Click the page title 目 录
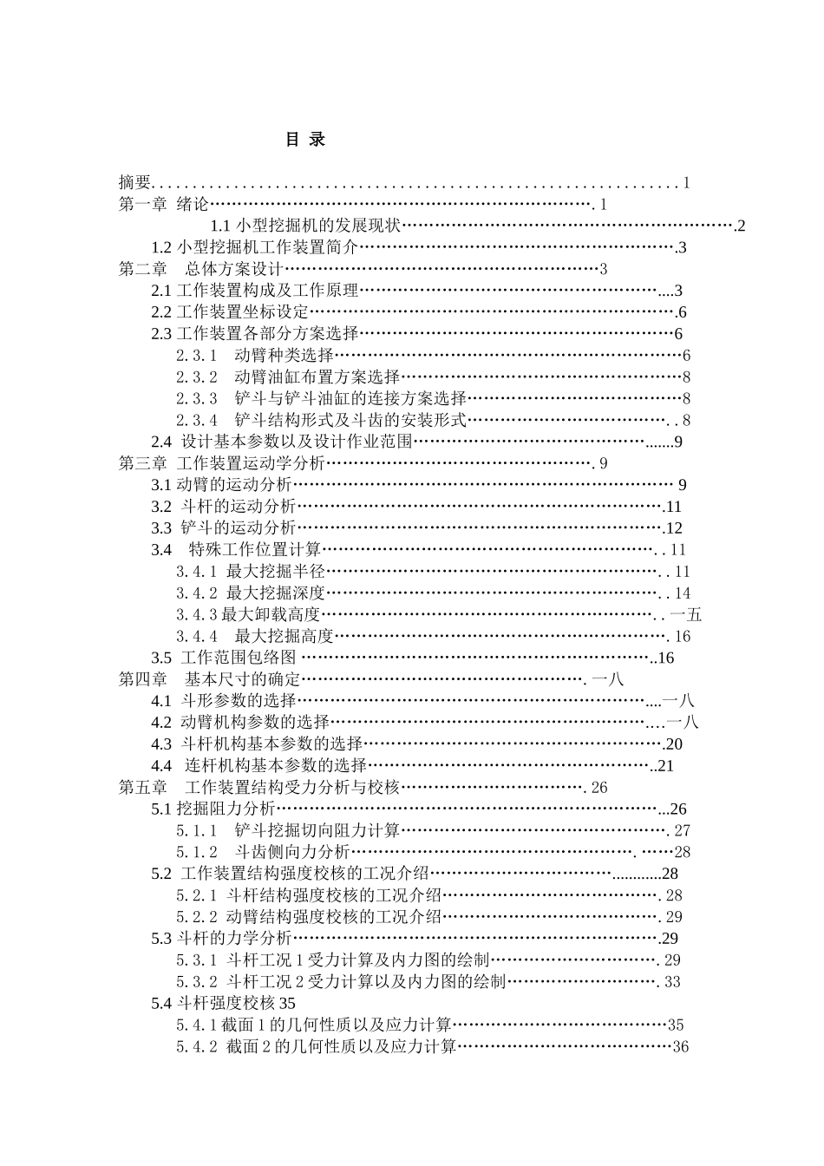[x=305, y=140]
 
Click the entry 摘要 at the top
[x=135, y=182]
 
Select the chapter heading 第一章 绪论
[x=164, y=205]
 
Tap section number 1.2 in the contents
[x=161, y=247]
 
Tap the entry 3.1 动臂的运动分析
[x=222, y=485]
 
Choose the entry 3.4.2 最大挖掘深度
[x=251, y=593]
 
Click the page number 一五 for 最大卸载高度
[x=686, y=615]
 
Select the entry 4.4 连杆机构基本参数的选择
[x=259, y=766]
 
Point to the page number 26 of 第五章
[x=599, y=788]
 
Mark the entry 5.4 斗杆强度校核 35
[x=224, y=1003]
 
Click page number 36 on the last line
[x=681, y=1046]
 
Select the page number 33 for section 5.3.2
[x=672, y=982]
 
